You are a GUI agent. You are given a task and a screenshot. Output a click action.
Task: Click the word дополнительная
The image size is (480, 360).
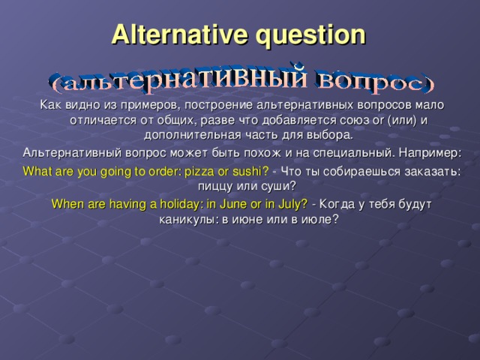(x=191, y=135)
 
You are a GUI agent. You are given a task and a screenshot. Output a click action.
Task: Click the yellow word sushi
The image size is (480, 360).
(x=249, y=171)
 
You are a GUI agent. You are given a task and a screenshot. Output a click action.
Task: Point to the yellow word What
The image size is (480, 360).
(x=37, y=171)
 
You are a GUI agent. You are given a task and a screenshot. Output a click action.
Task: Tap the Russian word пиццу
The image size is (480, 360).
(x=214, y=186)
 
